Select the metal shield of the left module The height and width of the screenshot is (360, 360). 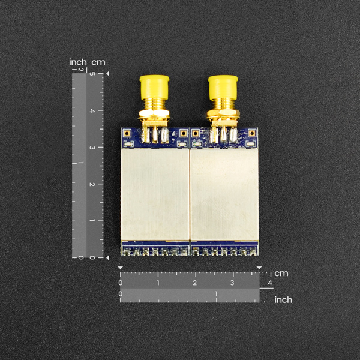(x=155, y=194)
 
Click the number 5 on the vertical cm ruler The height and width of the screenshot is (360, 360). (x=92, y=74)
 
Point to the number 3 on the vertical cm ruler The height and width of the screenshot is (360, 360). (x=92, y=148)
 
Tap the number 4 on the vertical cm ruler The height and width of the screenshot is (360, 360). (x=92, y=111)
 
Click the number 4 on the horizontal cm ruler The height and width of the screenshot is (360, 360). (x=270, y=283)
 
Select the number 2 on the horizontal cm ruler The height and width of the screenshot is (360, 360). (x=194, y=283)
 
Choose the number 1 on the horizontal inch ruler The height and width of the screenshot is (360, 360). (x=216, y=294)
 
